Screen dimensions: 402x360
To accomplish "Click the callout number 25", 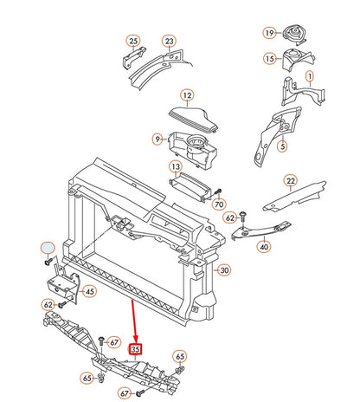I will point(132,41).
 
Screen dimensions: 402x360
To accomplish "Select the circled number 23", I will point(169,41).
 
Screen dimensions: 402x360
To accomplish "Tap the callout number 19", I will point(269,33).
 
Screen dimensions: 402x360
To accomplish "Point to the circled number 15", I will point(269,59).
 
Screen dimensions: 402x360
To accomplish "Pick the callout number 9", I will point(157,138).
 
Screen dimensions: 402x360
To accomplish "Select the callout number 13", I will point(175,166).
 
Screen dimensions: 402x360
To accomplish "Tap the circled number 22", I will point(291,180).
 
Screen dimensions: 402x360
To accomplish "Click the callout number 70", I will point(219,204).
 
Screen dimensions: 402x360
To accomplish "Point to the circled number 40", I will point(264,247).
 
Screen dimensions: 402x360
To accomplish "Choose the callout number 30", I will point(223,269).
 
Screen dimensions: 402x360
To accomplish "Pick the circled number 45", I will point(89,291).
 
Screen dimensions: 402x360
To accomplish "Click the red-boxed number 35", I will point(135,350).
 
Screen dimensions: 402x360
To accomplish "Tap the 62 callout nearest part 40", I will point(230,219).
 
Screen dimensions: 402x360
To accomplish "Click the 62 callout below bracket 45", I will point(49,305).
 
